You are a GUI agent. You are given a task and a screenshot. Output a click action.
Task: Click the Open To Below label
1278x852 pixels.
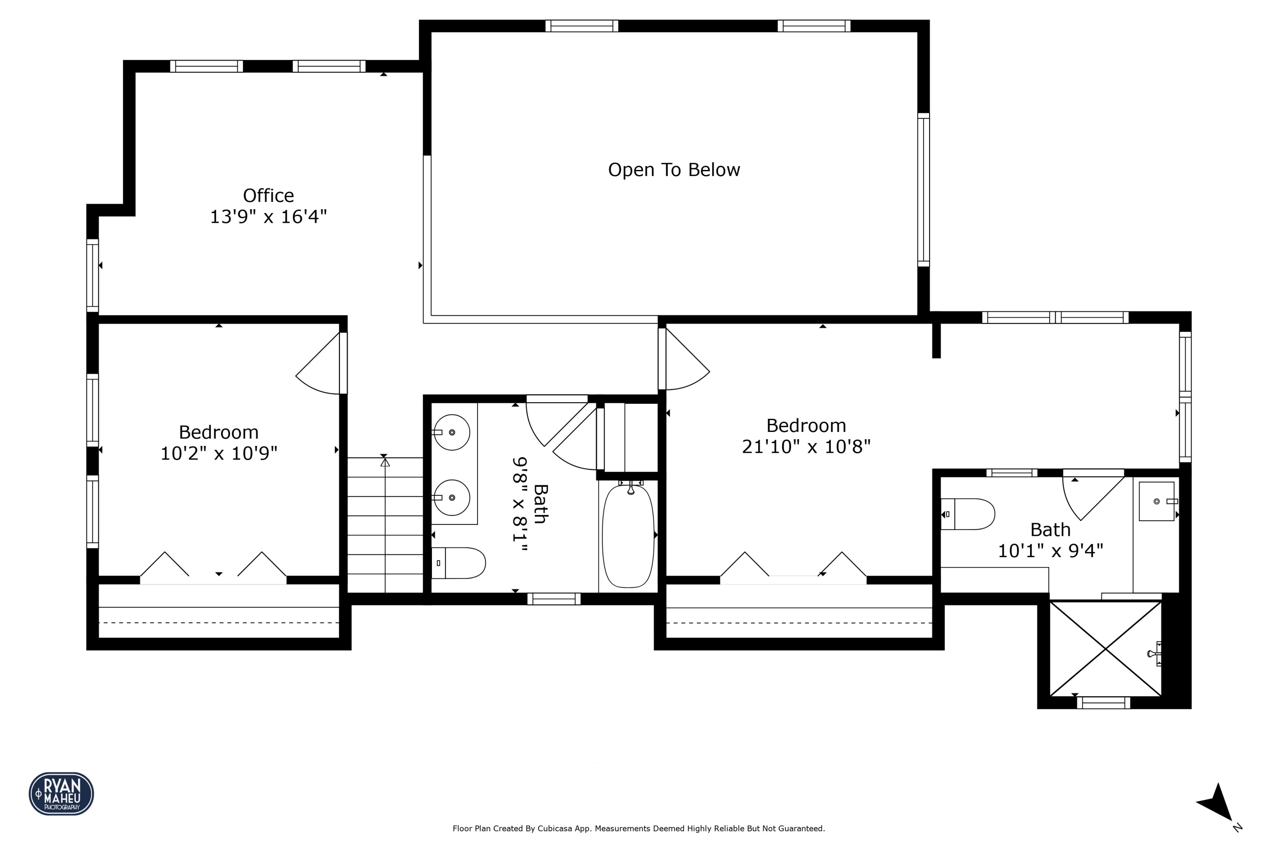(x=674, y=170)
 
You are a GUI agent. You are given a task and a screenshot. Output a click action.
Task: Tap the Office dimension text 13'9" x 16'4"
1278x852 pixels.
(x=268, y=217)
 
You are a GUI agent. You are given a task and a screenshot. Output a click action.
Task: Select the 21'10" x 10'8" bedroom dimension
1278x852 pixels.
(x=806, y=446)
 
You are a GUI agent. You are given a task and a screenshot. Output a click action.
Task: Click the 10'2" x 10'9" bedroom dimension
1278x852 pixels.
(x=219, y=453)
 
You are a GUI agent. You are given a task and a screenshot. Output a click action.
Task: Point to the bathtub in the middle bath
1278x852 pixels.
(x=628, y=536)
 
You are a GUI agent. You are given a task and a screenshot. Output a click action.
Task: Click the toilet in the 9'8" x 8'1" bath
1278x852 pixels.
(x=459, y=563)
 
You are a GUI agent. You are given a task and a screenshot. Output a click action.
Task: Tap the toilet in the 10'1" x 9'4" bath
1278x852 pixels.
(x=969, y=514)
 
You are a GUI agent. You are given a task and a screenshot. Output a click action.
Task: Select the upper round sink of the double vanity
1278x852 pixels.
(x=452, y=432)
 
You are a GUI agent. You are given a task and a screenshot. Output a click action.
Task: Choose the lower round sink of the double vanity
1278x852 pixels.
(x=452, y=498)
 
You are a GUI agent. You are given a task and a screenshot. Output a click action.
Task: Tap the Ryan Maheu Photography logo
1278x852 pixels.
(x=61, y=793)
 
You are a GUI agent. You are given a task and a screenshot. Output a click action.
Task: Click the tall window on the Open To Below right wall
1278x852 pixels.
(x=923, y=190)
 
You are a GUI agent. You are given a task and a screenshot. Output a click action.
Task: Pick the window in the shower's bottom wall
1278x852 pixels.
(x=1104, y=703)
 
